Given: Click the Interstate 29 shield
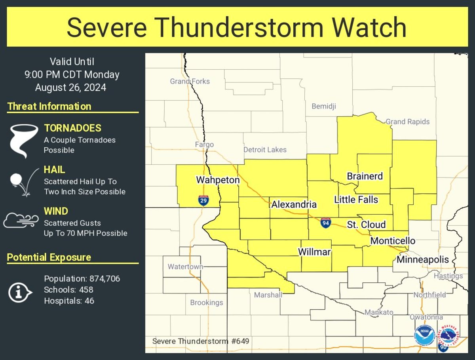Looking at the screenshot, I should coord(203,200).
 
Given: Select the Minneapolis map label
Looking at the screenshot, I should coord(423,260).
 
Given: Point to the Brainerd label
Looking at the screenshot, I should coord(365,176).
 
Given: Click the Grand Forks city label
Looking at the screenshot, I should coord(190,81).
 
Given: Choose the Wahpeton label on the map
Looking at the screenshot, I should coord(218,180).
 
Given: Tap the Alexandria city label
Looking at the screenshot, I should coord(294,204).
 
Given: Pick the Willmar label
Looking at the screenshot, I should coord(314,251).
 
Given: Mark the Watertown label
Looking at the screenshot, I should coord(185,267).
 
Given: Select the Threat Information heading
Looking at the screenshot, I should coord(49,106).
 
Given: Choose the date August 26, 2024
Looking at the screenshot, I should coord(70,88).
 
